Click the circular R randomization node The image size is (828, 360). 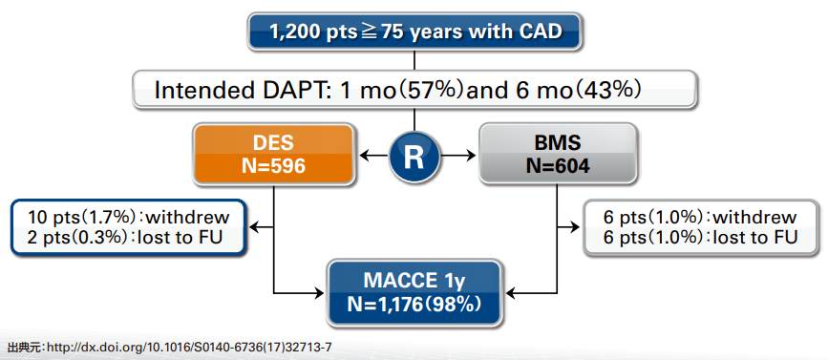point(414,157)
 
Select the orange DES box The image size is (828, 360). point(273,154)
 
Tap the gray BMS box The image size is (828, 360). point(557,154)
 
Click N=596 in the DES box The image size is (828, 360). point(273,166)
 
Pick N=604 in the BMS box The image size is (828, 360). point(558,166)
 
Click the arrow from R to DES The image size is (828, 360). point(373,157)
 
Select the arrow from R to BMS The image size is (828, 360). point(457,157)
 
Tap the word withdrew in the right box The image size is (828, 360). point(754,217)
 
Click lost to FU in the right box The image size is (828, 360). point(754,238)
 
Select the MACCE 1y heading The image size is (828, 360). point(414,281)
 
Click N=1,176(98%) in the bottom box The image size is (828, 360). point(414,305)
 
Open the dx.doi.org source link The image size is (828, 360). point(190,348)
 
